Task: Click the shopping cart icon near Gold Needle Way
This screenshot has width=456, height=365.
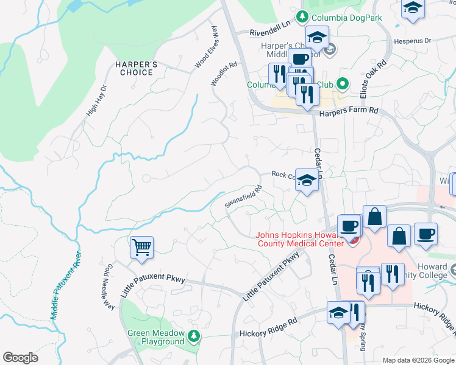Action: (141, 248)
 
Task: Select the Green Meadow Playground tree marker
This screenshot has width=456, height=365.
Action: (194, 335)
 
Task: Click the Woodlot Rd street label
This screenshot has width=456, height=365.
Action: (223, 73)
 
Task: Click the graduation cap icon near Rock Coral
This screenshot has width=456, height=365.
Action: (307, 180)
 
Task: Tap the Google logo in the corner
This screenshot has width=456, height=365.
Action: (20, 358)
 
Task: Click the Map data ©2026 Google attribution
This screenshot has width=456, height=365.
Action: (418, 360)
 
